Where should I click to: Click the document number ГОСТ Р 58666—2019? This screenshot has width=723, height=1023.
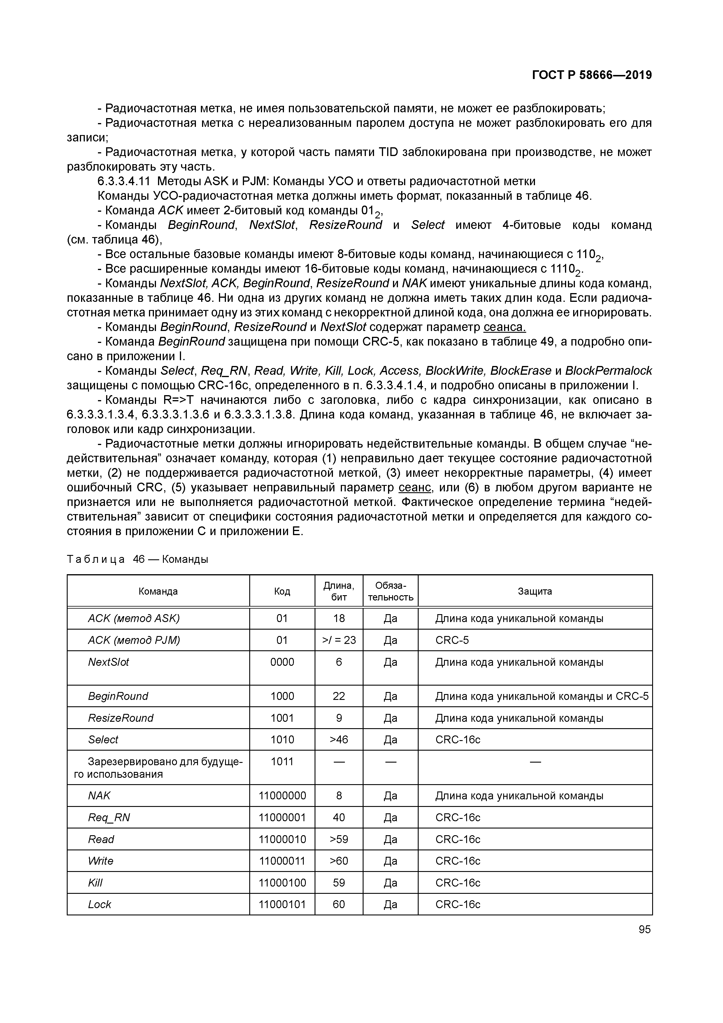coord(592,75)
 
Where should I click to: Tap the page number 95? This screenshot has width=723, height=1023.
coord(644,929)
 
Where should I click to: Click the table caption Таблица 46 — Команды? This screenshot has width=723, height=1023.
coord(137,559)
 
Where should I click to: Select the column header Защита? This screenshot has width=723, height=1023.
coord(535,591)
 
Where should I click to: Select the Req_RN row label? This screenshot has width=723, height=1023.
coord(109,818)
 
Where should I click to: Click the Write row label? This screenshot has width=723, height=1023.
coord(101,861)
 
